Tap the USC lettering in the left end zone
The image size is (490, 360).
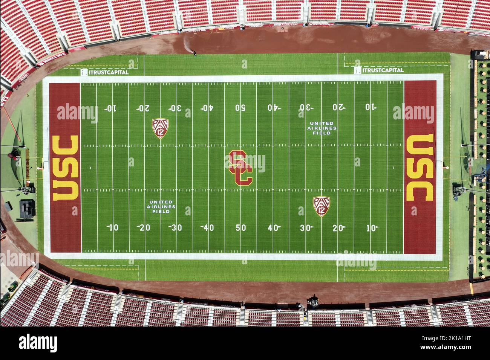click(66, 168)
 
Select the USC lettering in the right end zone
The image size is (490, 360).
click(420, 168)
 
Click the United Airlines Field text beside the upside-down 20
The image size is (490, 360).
click(322, 128)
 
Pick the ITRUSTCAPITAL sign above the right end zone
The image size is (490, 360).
click(379, 70)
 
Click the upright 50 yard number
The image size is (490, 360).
click(240, 228)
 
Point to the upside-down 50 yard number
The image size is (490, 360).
click(240, 108)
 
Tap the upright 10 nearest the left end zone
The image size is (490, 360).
click(112, 228)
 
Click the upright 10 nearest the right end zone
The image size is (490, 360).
click(372, 228)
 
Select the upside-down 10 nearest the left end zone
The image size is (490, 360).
click(110, 108)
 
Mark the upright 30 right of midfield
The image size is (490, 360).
click(306, 228)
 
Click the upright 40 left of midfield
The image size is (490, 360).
click(208, 228)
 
